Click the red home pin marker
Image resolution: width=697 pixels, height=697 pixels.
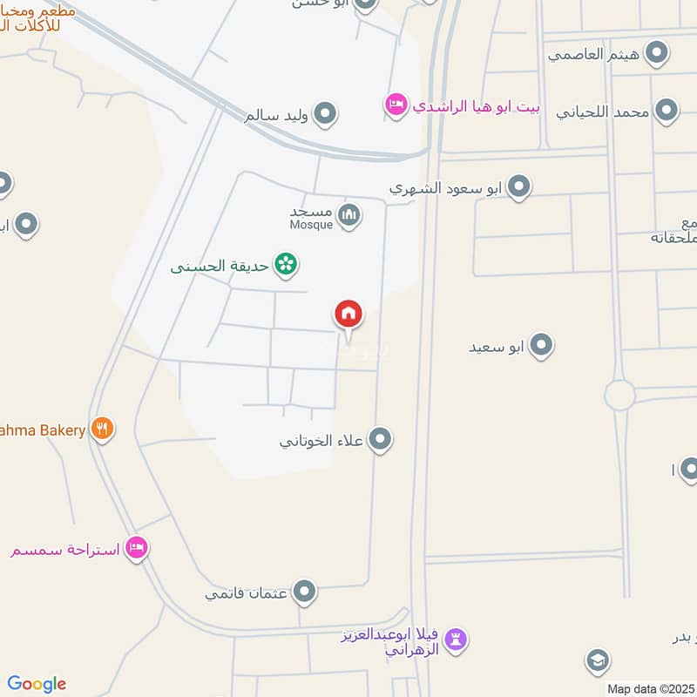348,315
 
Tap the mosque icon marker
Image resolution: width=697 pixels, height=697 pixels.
349,214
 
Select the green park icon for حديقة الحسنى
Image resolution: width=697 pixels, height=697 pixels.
285,262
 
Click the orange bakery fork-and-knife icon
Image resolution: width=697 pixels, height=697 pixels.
103,429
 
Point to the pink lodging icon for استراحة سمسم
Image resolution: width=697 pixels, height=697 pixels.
137,548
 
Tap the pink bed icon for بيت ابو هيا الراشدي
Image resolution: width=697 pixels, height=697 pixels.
396,105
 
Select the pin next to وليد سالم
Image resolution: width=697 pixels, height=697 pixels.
325,113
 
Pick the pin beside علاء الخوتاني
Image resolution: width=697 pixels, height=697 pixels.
379,440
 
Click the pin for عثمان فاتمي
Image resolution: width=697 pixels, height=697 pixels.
304,593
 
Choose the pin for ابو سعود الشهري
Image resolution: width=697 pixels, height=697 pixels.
519,186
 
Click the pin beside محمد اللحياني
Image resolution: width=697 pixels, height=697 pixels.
667,111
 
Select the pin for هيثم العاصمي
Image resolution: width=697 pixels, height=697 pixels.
656,52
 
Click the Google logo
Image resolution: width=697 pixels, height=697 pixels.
37,684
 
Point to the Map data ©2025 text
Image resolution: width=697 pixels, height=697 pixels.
650,688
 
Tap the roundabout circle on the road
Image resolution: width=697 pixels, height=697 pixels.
620,395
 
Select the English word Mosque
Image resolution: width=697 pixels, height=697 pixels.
312,225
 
